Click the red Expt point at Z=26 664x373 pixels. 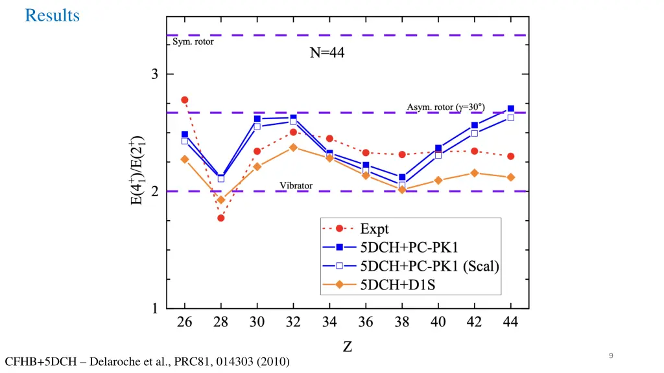tap(185, 100)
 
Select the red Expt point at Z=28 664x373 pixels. tap(221, 218)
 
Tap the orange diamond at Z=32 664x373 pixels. tap(293, 148)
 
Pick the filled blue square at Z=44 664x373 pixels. tap(511, 109)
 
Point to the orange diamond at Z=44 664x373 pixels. tap(511, 177)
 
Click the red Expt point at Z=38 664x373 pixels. tap(402, 155)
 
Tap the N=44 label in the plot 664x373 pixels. tap(327, 54)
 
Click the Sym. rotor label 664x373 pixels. tap(193, 42)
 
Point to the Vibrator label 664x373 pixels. tap(296, 186)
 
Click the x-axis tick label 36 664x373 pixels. tap(366, 322)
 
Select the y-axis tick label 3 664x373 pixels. tap(155, 74)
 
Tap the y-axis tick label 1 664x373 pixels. tap(155, 309)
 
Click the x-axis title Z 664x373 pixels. tap(348, 347)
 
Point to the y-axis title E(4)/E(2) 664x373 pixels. tap(137, 172)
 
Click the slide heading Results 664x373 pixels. tap(52, 16)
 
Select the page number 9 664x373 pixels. tap(611, 356)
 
